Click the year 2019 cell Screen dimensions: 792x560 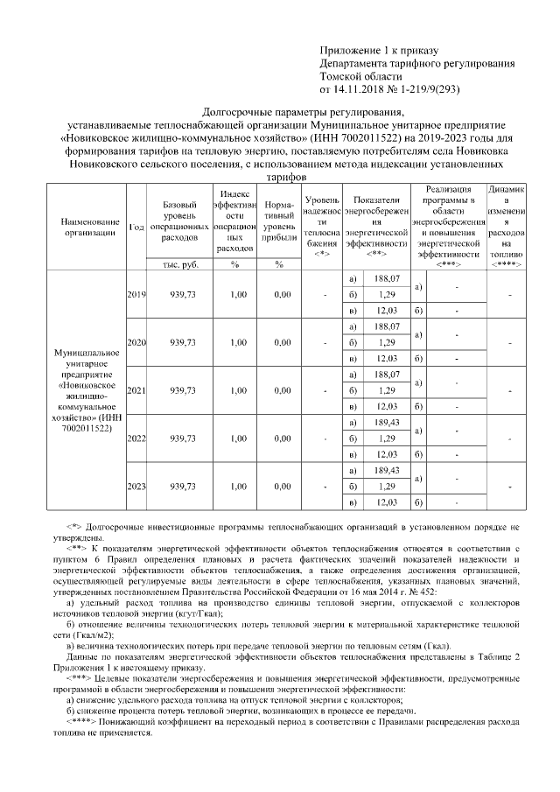point(136,295)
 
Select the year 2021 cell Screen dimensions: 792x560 point(136,390)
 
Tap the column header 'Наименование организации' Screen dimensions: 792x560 point(82,227)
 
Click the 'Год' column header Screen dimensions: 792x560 point(136,227)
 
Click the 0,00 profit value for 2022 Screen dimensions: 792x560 point(281,438)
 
